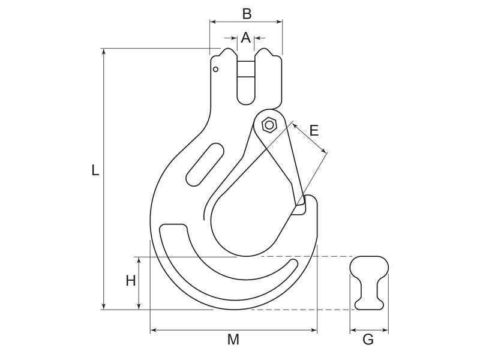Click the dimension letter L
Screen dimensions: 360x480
[x=95, y=170]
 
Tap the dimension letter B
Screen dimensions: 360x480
[x=246, y=13]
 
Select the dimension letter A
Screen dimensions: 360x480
[x=245, y=38]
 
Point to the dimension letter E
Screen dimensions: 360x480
[x=314, y=130]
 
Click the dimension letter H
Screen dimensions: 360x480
[x=131, y=280]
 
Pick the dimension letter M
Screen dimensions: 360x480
[x=233, y=340]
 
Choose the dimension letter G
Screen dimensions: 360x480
[x=368, y=340]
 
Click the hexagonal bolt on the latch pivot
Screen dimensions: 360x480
[x=269, y=125]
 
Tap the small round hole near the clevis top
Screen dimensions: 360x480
[x=215, y=70]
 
